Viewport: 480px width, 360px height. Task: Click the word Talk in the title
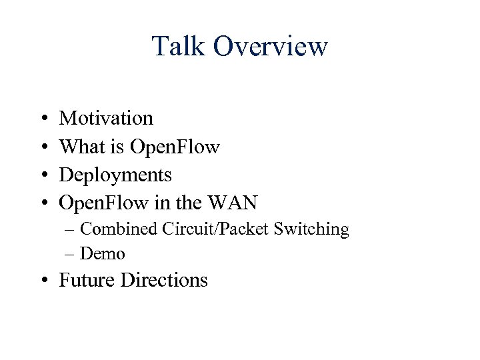pos(177,47)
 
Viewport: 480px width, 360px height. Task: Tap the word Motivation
pos(106,118)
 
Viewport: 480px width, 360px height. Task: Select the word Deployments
pos(115,175)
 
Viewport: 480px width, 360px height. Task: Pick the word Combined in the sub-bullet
pos(118,229)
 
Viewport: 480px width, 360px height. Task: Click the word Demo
pos(102,254)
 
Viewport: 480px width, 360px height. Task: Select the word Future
pos(87,280)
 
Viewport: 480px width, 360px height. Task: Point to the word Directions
pos(164,280)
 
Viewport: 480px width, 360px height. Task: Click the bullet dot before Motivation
pos(42,119)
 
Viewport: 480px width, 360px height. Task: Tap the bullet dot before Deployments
pos(42,175)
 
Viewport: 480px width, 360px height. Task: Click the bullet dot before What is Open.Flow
pos(42,147)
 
